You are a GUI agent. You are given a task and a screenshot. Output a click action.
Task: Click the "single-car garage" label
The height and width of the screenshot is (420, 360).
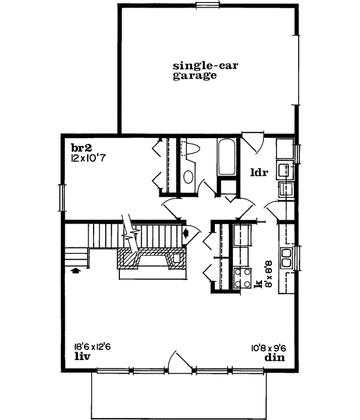(x=195, y=71)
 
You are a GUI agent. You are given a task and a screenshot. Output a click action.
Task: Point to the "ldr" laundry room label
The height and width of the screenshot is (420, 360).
(x=259, y=173)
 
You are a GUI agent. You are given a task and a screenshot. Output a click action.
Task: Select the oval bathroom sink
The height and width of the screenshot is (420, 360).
(x=188, y=177)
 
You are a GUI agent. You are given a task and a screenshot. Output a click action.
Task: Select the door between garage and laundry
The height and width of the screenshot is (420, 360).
(x=251, y=143)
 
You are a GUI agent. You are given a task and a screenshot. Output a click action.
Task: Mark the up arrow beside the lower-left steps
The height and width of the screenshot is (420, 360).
(x=75, y=271)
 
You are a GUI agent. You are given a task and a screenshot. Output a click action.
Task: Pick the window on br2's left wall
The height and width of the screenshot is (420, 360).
(x=61, y=196)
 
